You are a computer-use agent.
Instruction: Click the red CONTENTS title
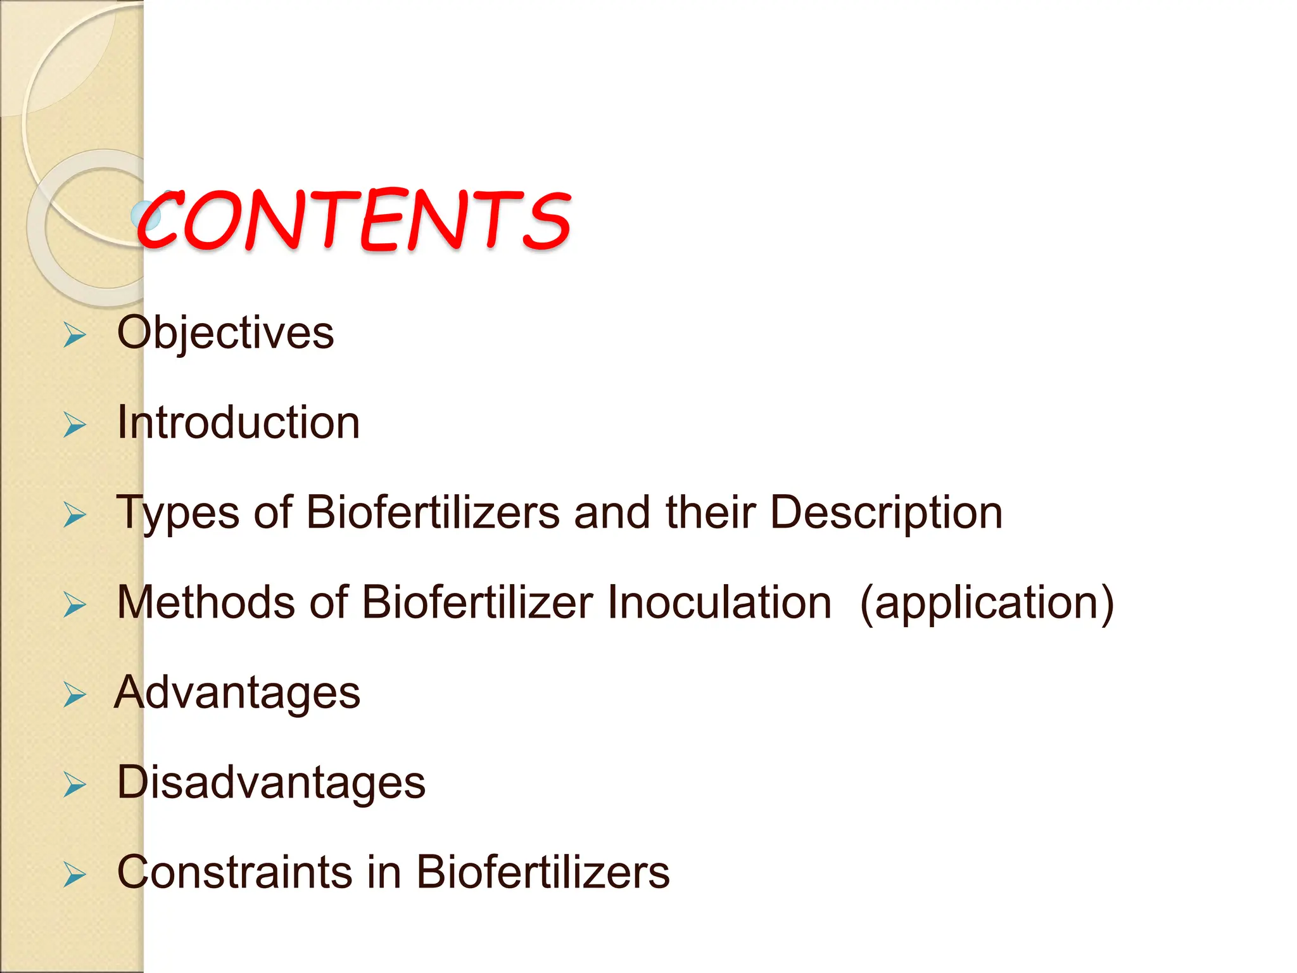coord(355,220)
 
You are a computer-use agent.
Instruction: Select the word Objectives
coord(225,333)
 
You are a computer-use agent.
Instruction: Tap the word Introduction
coord(239,423)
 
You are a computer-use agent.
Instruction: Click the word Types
coord(178,512)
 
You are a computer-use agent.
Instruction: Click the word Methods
coord(206,602)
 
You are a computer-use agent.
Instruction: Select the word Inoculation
coord(719,602)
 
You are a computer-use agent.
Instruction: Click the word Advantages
coord(237,692)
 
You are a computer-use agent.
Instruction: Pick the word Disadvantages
coord(271,782)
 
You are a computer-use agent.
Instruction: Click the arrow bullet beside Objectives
coord(75,335)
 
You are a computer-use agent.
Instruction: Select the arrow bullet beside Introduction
coord(75,425)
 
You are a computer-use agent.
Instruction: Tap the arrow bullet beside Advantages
coord(75,695)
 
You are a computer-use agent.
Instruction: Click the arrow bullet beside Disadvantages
coord(75,785)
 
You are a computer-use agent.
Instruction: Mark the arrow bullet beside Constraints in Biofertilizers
coord(75,875)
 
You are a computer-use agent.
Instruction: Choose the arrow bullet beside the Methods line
coord(75,605)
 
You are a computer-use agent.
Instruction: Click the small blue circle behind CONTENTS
coord(143,216)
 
